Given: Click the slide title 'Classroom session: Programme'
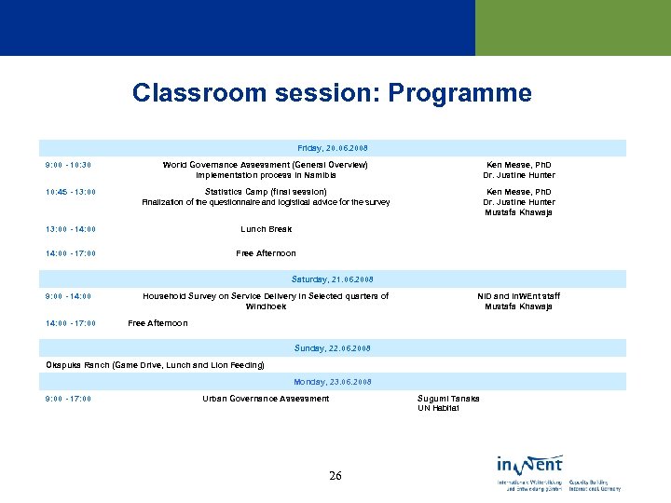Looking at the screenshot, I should point(332,93).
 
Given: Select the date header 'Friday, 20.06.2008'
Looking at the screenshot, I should point(333,147).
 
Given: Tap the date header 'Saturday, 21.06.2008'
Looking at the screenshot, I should point(333,279).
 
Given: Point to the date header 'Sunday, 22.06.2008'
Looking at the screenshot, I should point(333,347).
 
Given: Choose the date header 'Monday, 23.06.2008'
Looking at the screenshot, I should point(333,382).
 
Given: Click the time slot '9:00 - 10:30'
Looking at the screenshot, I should point(68,166).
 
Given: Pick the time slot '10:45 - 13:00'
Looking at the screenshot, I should point(71,193).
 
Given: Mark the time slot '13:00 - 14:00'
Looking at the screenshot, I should point(71,229).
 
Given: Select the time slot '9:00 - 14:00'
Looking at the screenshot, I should point(68,297).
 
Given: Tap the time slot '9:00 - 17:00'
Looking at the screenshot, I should point(68,400).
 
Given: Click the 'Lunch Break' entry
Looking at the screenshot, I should point(266,229).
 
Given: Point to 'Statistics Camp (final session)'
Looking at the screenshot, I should point(266,192).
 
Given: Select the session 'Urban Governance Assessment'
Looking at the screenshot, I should point(266,399).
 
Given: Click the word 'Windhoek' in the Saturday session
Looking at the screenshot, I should point(266,306).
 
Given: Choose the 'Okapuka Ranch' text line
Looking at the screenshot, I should point(155,365).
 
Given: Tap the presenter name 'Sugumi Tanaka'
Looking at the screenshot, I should point(448,399).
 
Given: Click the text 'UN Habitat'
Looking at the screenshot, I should point(438,408).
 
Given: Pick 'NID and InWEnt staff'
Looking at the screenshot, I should point(518,296).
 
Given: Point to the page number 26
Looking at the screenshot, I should point(335,476).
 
